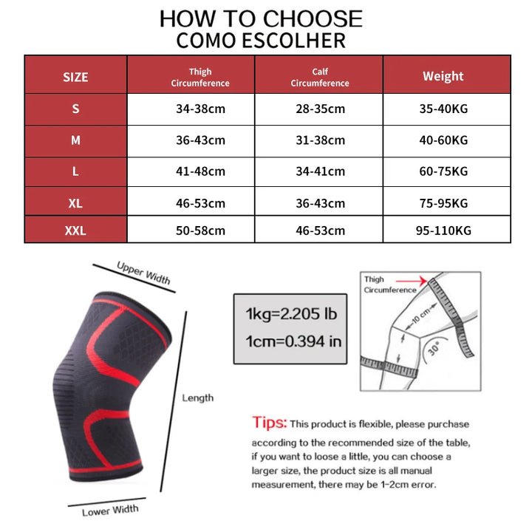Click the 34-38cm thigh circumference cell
(200, 109)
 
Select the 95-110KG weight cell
(443, 231)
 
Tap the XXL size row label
(75, 231)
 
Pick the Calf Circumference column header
(319, 77)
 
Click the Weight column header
(443, 76)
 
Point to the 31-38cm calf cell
(319, 140)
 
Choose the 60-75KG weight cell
(443, 171)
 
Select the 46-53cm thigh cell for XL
(200, 203)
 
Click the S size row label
(75, 109)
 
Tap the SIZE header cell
(75, 77)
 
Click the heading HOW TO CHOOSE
(261, 18)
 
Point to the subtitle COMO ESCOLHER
(261, 40)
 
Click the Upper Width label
(143, 273)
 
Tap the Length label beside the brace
(198, 398)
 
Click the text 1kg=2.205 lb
(291, 315)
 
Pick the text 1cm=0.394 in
(293, 341)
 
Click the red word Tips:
(269, 423)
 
